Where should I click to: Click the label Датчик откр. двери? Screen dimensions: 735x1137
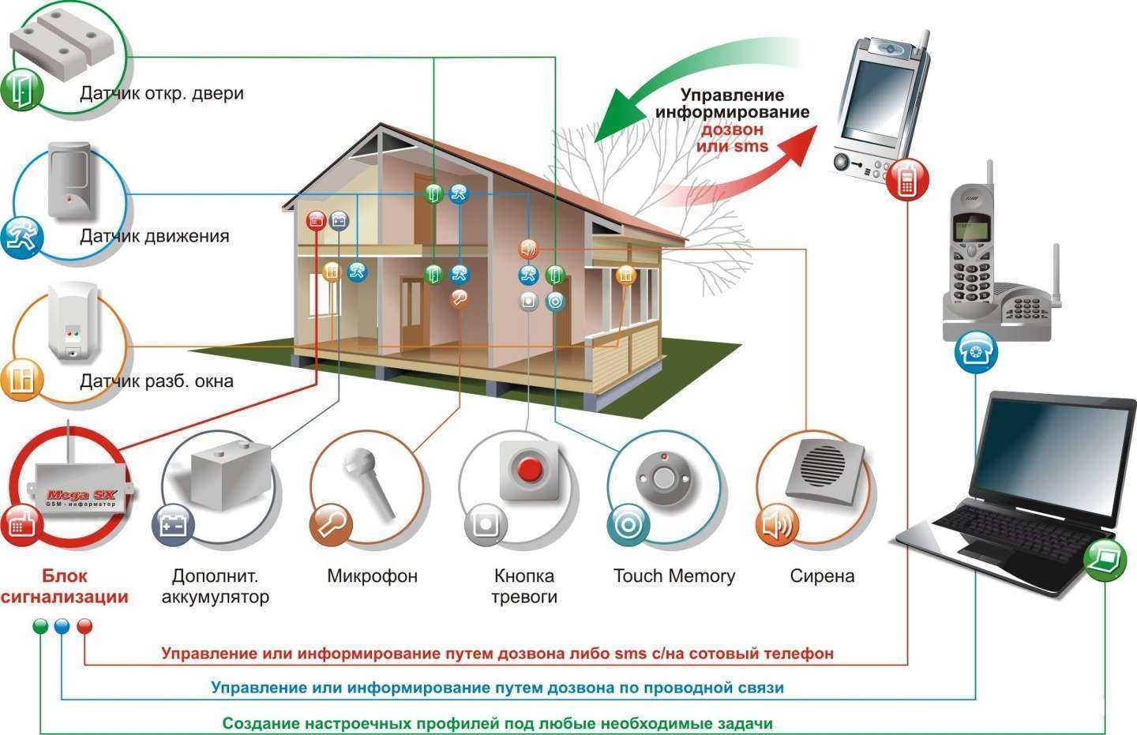161,93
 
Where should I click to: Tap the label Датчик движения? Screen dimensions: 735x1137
154,236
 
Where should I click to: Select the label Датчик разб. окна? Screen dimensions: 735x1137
156,381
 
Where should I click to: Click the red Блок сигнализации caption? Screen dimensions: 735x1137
64,586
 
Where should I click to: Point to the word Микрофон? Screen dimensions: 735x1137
372,576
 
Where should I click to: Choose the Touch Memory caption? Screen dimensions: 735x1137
674,576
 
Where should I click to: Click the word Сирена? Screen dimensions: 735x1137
822,576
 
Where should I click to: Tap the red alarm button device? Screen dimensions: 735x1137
529,470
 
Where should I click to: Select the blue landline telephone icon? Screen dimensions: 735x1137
976,352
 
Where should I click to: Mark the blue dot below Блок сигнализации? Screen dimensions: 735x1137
62,627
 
